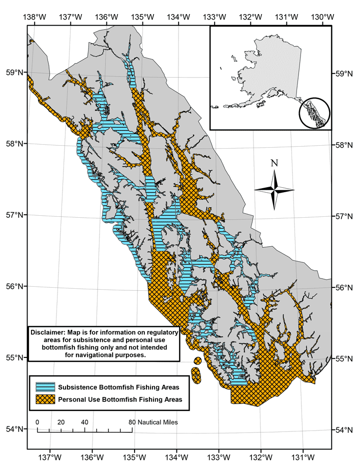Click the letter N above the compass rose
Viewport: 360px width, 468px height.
(x=273, y=163)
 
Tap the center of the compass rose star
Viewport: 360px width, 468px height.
(x=274, y=189)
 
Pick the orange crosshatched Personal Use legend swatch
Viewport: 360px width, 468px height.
(x=45, y=399)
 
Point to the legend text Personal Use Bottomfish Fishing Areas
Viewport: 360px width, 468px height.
(x=119, y=399)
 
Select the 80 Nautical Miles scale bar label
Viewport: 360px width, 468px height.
(x=154, y=422)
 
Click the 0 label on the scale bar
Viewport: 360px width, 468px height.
(x=37, y=422)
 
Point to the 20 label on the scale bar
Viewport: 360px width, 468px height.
(x=61, y=422)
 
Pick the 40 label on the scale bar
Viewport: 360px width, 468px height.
(x=84, y=422)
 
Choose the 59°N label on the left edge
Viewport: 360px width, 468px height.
(x=14, y=72)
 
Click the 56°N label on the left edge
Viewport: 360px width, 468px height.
(x=14, y=286)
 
